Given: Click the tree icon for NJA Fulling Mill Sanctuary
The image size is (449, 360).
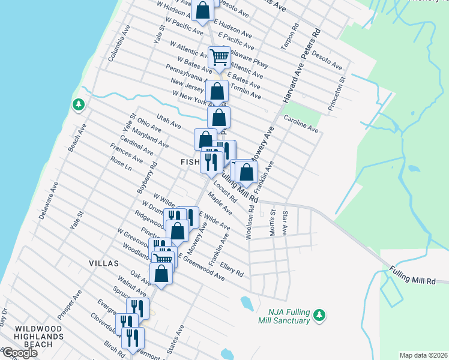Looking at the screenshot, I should (x=320, y=314).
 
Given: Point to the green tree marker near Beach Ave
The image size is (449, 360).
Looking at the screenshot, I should (x=78, y=105).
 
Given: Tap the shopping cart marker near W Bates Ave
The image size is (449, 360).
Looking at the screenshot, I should (x=220, y=58).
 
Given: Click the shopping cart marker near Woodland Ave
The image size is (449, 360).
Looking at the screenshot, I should (x=163, y=259).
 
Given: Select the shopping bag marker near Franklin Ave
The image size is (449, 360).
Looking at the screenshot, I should (x=246, y=172).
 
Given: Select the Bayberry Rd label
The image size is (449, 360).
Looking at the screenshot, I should (x=146, y=177).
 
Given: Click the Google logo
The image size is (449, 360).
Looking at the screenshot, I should (x=19, y=353).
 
